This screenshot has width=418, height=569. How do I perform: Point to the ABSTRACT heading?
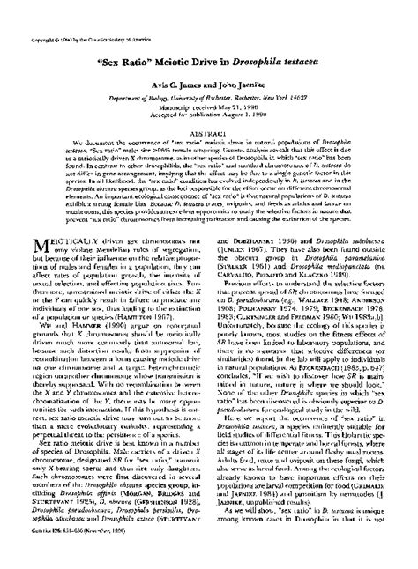click(x=209, y=133)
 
